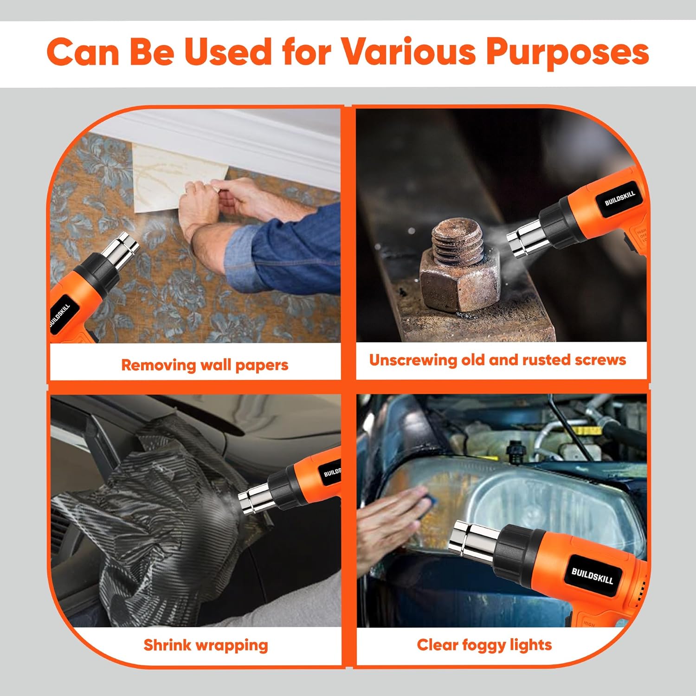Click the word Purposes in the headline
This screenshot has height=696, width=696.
point(567,52)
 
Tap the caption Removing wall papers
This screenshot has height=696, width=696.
point(205,365)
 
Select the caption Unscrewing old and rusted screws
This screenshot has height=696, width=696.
point(497,360)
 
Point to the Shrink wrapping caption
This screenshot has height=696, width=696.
point(206,645)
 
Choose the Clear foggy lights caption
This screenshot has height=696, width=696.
point(484,645)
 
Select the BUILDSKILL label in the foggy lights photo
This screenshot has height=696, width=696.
point(592,576)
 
